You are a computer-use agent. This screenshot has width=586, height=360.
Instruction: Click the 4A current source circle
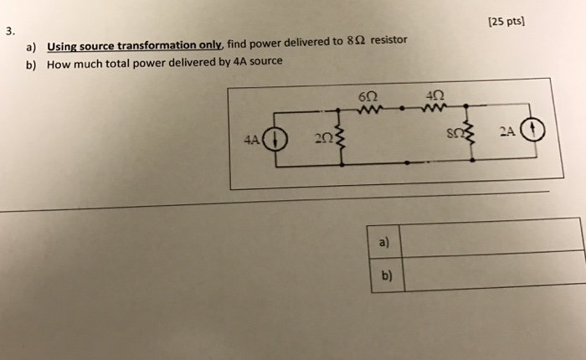(x=276, y=139)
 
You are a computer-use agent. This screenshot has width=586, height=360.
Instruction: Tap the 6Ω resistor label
(x=366, y=95)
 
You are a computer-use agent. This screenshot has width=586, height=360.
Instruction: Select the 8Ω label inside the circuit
(x=452, y=134)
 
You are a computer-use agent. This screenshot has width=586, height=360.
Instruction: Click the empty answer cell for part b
(x=494, y=270)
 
